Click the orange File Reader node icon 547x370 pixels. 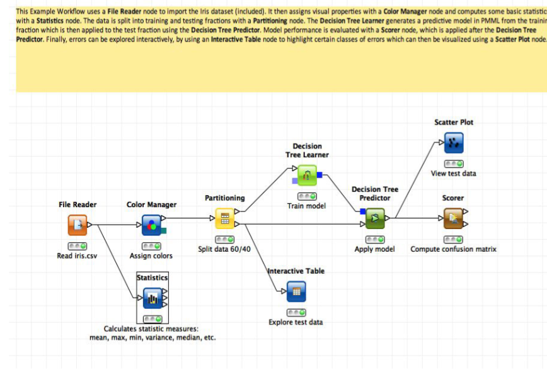pyautogui.click(x=78, y=224)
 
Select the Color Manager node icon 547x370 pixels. pyautogui.click(x=151, y=224)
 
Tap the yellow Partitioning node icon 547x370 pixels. pyautogui.click(x=225, y=218)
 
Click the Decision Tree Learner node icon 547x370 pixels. pyautogui.click(x=307, y=175)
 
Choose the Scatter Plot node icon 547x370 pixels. pyautogui.click(x=453, y=143)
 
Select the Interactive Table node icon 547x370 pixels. pyautogui.click(x=296, y=291)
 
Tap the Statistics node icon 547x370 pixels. pyautogui.click(x=152, y=296)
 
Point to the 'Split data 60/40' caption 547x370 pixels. pyautogui.click(x=224, y=249)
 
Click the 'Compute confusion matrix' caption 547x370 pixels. pyautogui.click(x=453, y=249)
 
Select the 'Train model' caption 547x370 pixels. pyautogui.click(x=306, y=206)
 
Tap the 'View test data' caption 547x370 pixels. pyautogui.click(x=453, y=174)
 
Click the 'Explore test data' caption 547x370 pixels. pyautogui.click(x=296, y=322)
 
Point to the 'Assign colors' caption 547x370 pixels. pyautogui.click(x=151, y=256)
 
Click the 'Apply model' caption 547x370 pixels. pyautogui.click(x=375, y=249)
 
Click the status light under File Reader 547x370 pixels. pyautogui.click(x=78, y=246)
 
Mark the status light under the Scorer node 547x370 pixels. pyautogui.click(x=453, y=239)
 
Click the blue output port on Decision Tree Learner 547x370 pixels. pyautogui.click(x=320, y=174)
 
